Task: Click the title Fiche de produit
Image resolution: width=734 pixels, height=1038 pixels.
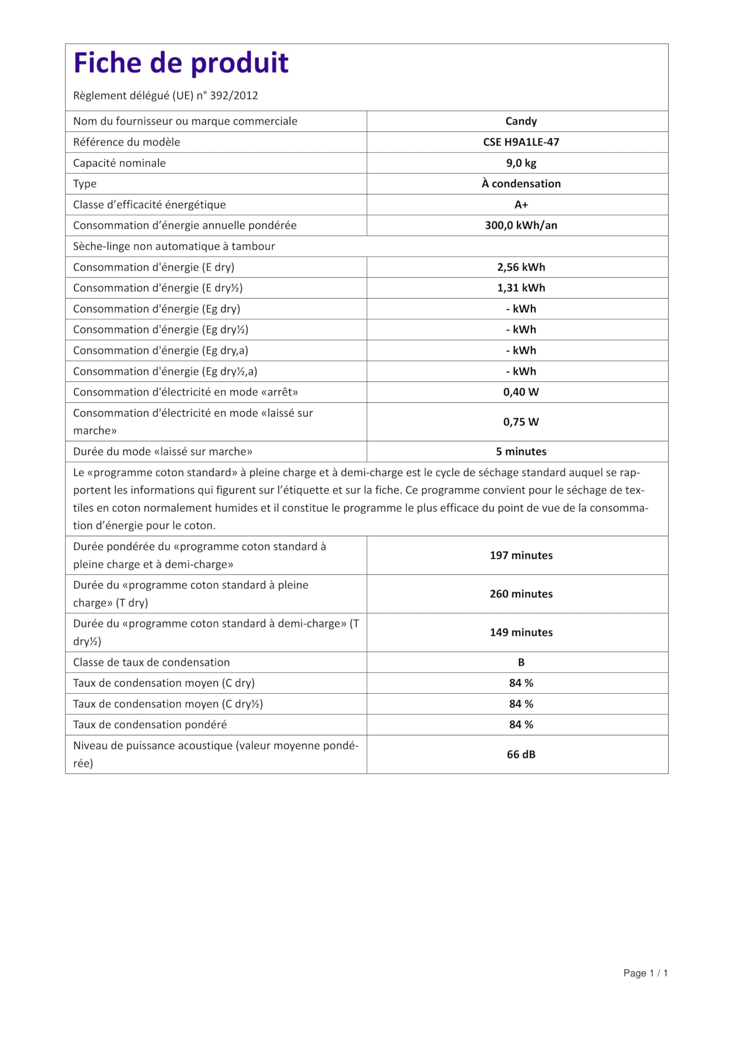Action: tap(181, 63)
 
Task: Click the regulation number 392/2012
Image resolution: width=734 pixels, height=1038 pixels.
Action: tap(234, 96)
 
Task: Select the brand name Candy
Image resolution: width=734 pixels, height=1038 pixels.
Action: tap(521, 121)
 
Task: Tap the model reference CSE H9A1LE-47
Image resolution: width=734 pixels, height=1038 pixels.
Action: tap(521, 142)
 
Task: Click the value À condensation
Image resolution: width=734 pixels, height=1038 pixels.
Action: tap(521, 184)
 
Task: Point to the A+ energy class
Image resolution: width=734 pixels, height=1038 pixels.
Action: tap(521, 205)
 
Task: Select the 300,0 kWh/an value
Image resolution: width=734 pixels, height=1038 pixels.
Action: tap(521, 225)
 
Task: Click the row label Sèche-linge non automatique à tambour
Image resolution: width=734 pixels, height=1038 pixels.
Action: tap(174, 247)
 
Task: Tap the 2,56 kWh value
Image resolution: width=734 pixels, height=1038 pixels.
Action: tap(521, 267)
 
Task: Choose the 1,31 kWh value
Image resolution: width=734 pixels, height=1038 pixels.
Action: tap(521, 288)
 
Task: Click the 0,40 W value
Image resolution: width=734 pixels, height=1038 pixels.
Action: tap(521, 392)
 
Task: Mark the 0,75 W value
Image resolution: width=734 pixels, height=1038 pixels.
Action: tap(521, 422)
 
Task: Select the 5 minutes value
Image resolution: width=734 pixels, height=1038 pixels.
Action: tap(521, 452)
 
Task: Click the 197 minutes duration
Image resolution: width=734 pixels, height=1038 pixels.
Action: tap(521, 555)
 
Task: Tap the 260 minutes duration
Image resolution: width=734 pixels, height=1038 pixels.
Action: tap(521, 594)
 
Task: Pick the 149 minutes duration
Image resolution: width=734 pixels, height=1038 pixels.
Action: tap(521, 633)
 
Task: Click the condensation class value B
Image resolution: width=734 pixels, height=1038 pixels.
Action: tap(521, 662)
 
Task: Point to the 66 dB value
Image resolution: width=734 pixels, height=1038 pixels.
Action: tap(521, 755)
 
